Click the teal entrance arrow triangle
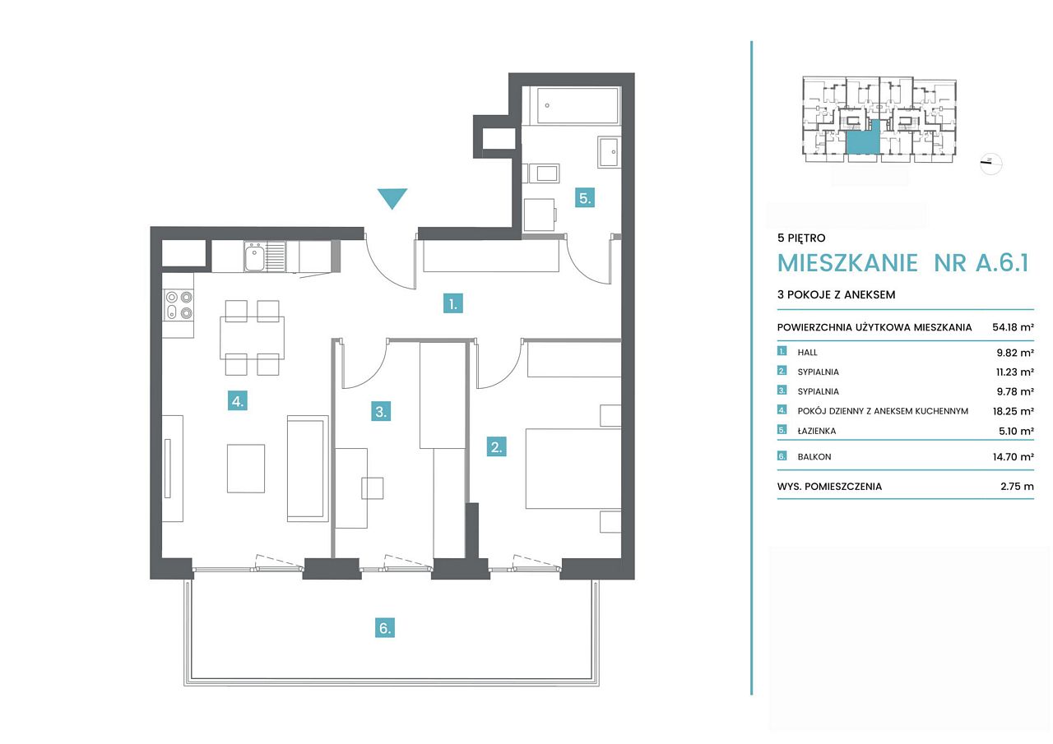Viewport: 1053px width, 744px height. click(392, 197)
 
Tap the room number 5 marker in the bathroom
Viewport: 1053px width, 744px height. click(585, 198)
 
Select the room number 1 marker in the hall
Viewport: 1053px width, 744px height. click(453, 303)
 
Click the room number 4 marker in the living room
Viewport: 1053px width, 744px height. click(238, 401)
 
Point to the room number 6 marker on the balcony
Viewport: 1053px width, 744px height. click(384, 627)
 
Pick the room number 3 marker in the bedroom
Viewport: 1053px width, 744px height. click(381, 411)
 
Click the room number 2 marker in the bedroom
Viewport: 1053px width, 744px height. click(496, 446)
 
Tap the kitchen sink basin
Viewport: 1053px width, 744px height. click(254, 257)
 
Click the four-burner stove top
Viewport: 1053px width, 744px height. click(179, 305)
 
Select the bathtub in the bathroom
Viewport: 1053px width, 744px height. click(578, 105)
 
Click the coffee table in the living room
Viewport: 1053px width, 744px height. click(246, 469)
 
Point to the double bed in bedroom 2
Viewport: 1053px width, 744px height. click(573, 469)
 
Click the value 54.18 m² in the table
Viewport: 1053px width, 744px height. click(1013, 327)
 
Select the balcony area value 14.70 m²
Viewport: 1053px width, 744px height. click(1013, 456)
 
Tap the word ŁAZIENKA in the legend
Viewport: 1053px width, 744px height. click(817, 431)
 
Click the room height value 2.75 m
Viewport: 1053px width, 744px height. click(1017, 486)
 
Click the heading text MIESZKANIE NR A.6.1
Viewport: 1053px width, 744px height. click(903, 263)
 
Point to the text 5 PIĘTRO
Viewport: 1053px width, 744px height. click(801, 238)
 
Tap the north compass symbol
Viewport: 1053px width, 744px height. click(990, 163)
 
